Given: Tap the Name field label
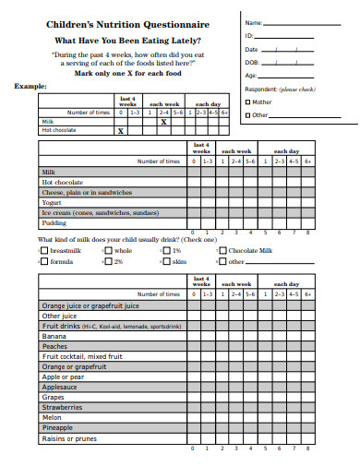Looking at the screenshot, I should click(253, 21).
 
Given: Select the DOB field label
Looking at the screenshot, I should click(251, 62).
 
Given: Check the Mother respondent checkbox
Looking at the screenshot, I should click(247, 102).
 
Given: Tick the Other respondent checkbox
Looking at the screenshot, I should click(247, 115).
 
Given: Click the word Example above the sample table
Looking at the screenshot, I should click(30, 85).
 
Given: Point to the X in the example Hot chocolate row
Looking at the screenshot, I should click(120, 131).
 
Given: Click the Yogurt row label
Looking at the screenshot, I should click(52, 202).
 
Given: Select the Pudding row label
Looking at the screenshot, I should click(54, 222).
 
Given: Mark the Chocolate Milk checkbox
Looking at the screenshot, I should click(222, 250).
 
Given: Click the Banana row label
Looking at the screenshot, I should click(55, 336).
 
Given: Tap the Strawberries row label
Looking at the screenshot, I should click(63, 407).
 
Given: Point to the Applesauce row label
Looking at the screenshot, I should click(61, 387).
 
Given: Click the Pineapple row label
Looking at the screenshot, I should click(58, 427).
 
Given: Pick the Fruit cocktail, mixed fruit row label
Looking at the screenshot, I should click(82, 356).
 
